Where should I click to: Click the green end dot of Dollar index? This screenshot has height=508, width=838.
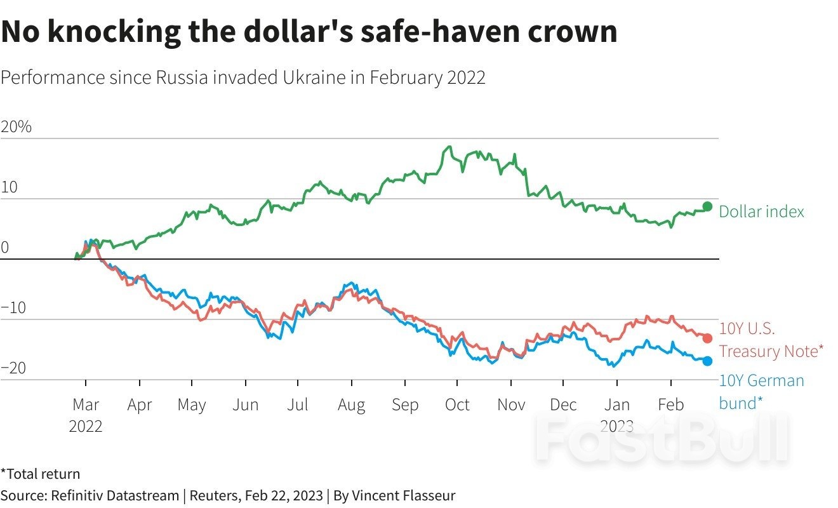click(x=707, y=206)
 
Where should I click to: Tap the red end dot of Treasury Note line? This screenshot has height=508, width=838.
click(x=707, y=338)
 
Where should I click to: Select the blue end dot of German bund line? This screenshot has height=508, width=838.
click(x=707, y=361)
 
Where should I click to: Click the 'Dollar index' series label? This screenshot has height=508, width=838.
click(x=761, y=212)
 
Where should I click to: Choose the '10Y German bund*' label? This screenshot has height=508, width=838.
click(x=761, y=392)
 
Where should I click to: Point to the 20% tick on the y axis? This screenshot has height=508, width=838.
click(x=17, y=127)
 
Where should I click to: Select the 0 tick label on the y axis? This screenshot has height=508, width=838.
click(x=5, y=248)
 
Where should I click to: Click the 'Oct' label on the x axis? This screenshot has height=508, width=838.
click(x=457, y=405)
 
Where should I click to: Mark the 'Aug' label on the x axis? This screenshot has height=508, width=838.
click(x=351, y=405)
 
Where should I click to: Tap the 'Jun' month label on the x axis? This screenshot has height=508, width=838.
click(x=245, y=405)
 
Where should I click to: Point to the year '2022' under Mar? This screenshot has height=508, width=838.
click(x=86, y=425)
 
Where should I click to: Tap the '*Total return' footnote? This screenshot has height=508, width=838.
click(x=41, y=474)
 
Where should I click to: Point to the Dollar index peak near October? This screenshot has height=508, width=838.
click(x=449, y=147)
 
